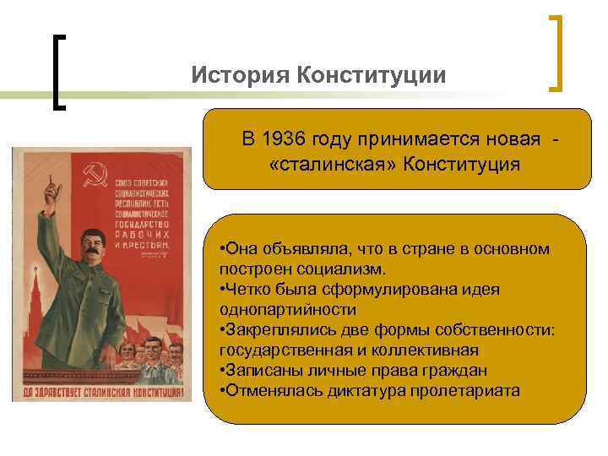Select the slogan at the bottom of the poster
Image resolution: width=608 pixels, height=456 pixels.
101,392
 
